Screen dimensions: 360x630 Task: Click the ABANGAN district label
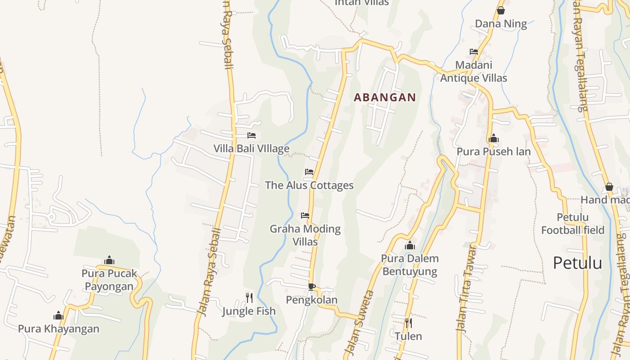385,97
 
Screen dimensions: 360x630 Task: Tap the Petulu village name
577,263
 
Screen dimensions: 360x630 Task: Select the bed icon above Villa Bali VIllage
252,135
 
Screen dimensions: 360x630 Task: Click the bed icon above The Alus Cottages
309,172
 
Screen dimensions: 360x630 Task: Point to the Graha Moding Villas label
305,235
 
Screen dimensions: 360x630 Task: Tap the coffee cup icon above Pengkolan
311,287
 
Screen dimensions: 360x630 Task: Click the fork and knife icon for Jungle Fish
249,297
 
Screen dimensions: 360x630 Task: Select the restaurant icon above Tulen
408,323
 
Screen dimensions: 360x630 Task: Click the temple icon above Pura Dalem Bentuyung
409,246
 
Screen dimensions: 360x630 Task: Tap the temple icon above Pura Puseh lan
494,139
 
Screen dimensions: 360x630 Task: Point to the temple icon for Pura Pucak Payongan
109,260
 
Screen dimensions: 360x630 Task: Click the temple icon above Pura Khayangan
58,315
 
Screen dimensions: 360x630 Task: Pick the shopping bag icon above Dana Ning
501,10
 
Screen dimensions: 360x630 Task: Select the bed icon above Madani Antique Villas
474,52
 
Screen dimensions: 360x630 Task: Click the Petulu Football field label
572,224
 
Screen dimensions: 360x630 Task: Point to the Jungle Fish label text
249,311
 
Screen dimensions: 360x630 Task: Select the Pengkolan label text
311,300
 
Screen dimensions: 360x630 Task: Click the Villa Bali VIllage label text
251,148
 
